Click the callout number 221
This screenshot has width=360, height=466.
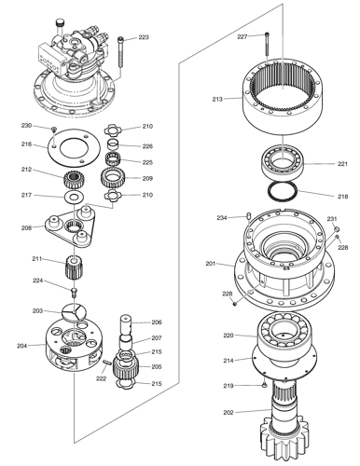pyautogui.click(x=342, y=163)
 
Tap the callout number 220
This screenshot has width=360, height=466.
pyautogui.click(x=228, y=335)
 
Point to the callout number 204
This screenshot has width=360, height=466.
pyautogui.click(x=21, y=346)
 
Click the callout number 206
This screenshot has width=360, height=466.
pyautogui.click(x=156, y=322)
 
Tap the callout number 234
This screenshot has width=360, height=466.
pyautogui.click(x=222, y=218)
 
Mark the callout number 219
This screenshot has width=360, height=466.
pyautogui.click(x=228, y=385)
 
